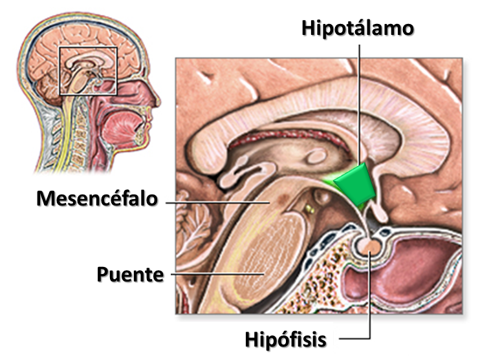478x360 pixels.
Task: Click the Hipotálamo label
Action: coord(357,29)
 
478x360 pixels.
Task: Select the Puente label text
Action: coord(130,274)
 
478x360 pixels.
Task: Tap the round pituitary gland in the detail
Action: coord(370,246)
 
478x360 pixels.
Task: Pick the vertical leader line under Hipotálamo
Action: coord(357,97)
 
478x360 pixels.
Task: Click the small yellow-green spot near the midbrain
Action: coord(309,208)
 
